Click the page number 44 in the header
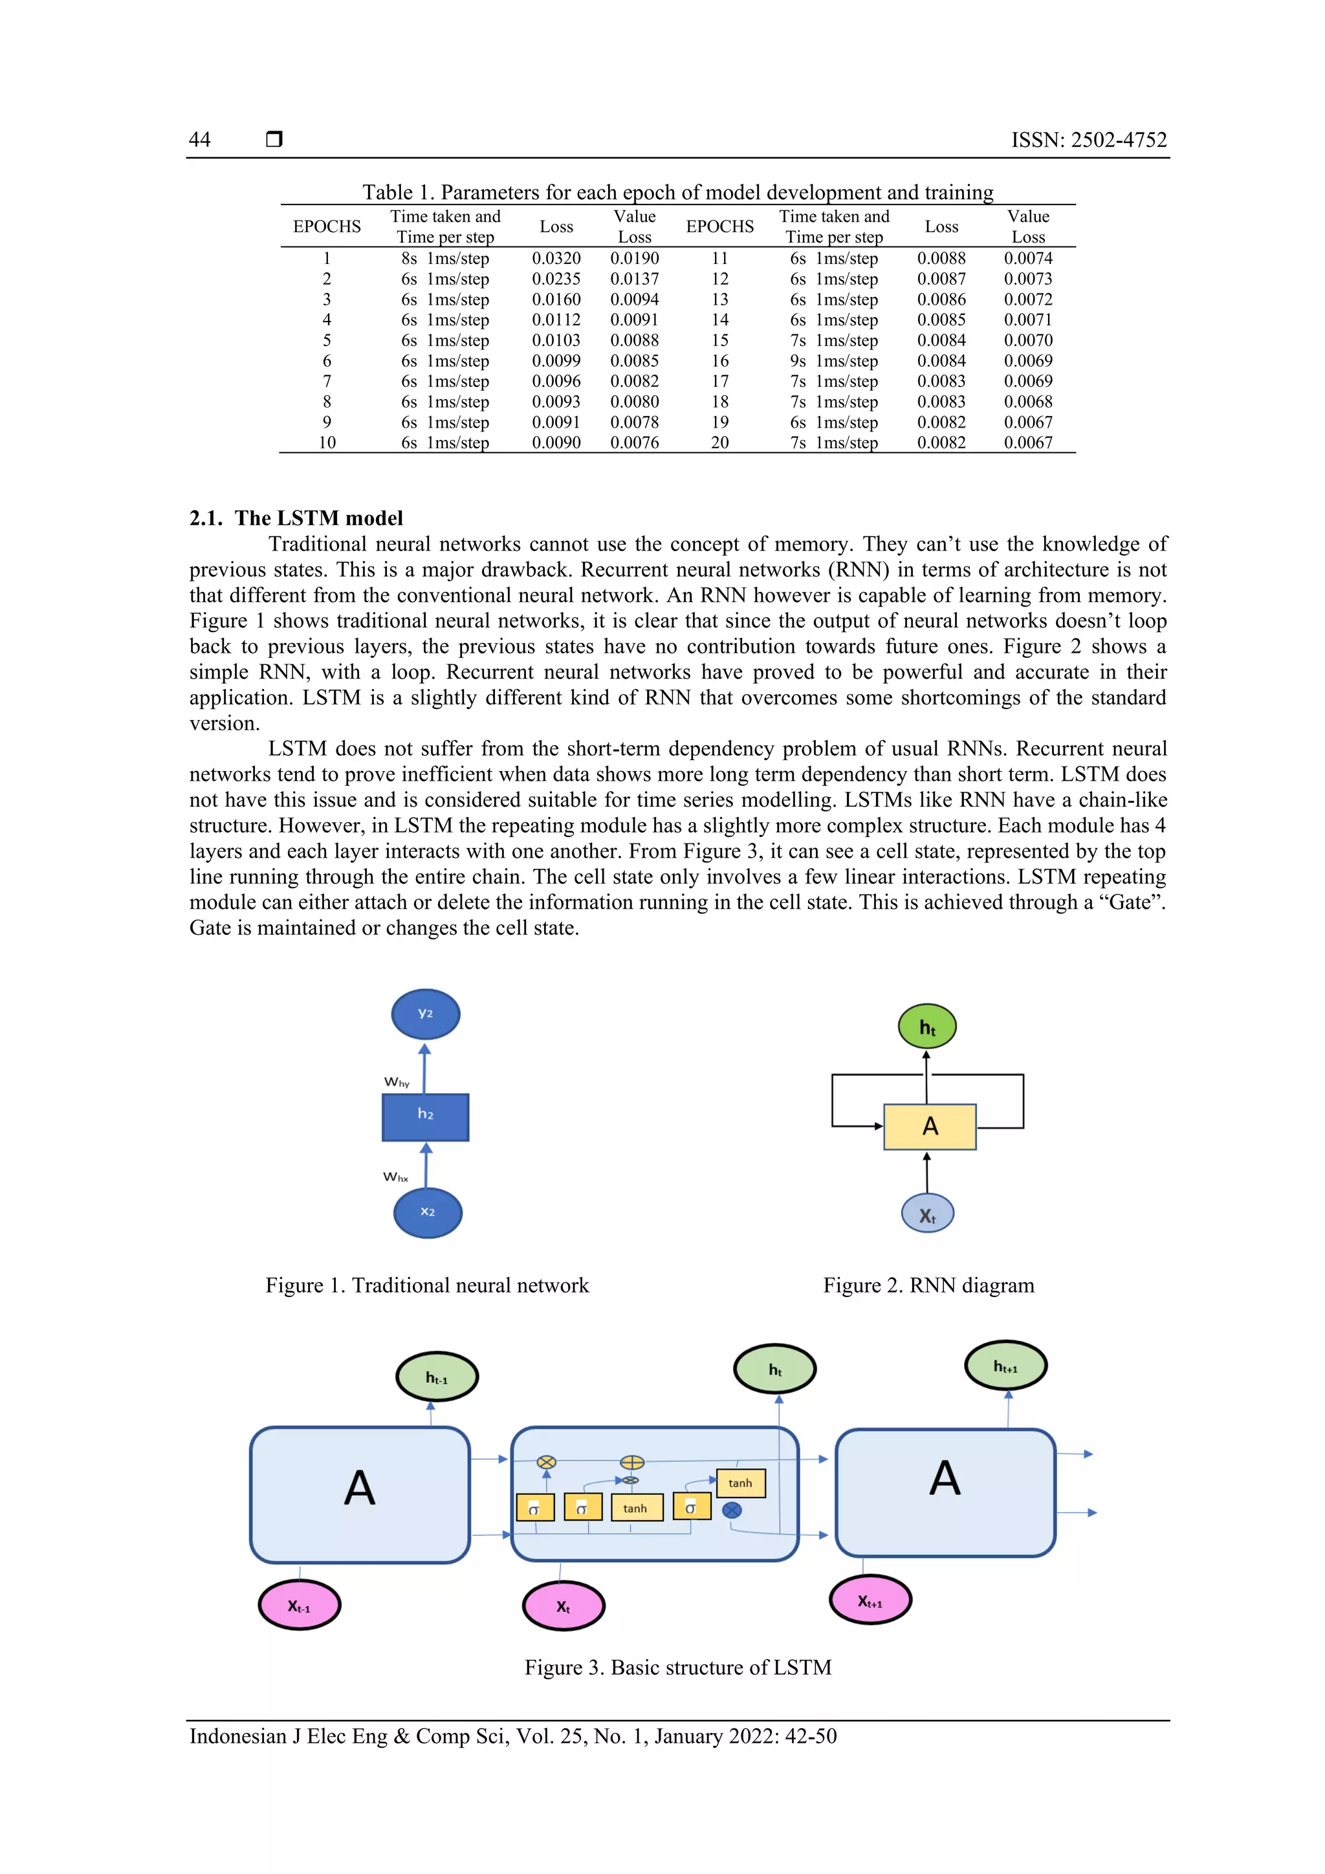[x=199, y=140]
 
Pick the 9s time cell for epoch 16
[x=798, y=361]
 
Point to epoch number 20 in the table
[x=719, y=442]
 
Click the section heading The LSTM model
[x=296, y=518]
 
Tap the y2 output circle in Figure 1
[x=425, y=1014]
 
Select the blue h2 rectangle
[x=425, y=1117]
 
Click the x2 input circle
[x=428, y=1213]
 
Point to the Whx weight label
[x=396, y=1176]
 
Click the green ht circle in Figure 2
[x=926, y=1027]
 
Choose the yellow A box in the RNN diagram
[x=929, y=1127]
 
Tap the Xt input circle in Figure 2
[x=927, y=1214]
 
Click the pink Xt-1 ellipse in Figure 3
[x=299, y=1605]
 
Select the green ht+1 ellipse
[x=1005, y=1366]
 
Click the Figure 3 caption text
[x=677, y=1668]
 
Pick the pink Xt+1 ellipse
[x=870, y=1600]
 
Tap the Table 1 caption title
[x=677, y=193]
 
